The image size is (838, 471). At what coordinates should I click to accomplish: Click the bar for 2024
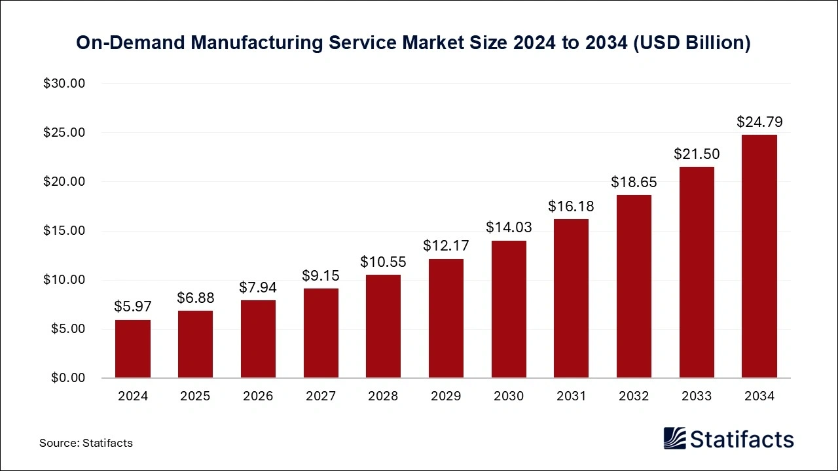(133, 349)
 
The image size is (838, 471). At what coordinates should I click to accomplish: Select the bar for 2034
(759, 256)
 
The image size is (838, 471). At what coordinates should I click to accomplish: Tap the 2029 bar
(446, 319)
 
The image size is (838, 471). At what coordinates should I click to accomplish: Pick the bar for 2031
(571, 298)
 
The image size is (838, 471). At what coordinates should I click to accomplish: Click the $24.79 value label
(759, 122)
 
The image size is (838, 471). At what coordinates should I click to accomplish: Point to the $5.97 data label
(133, 306)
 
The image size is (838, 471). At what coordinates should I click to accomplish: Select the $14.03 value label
(509, 228)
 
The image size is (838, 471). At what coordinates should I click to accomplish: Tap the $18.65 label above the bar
(634, 182)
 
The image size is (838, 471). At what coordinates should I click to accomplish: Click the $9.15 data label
(321, 275)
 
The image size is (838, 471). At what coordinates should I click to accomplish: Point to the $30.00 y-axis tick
(64, 84)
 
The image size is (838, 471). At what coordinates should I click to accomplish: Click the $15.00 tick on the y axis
(64, 231)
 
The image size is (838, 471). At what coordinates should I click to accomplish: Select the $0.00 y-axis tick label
(67, 378)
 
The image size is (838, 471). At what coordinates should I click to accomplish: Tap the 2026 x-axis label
(258, 396)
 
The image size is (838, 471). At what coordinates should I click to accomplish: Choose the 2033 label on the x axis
(697, 396)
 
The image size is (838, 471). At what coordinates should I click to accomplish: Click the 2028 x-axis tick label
(383, 396)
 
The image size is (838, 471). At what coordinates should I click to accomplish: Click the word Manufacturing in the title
(264, 43)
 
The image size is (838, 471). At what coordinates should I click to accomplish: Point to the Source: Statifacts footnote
(86, 443)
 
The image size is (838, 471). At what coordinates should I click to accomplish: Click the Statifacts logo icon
(674, 438)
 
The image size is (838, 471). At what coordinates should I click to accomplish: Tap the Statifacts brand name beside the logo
(741, 439)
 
